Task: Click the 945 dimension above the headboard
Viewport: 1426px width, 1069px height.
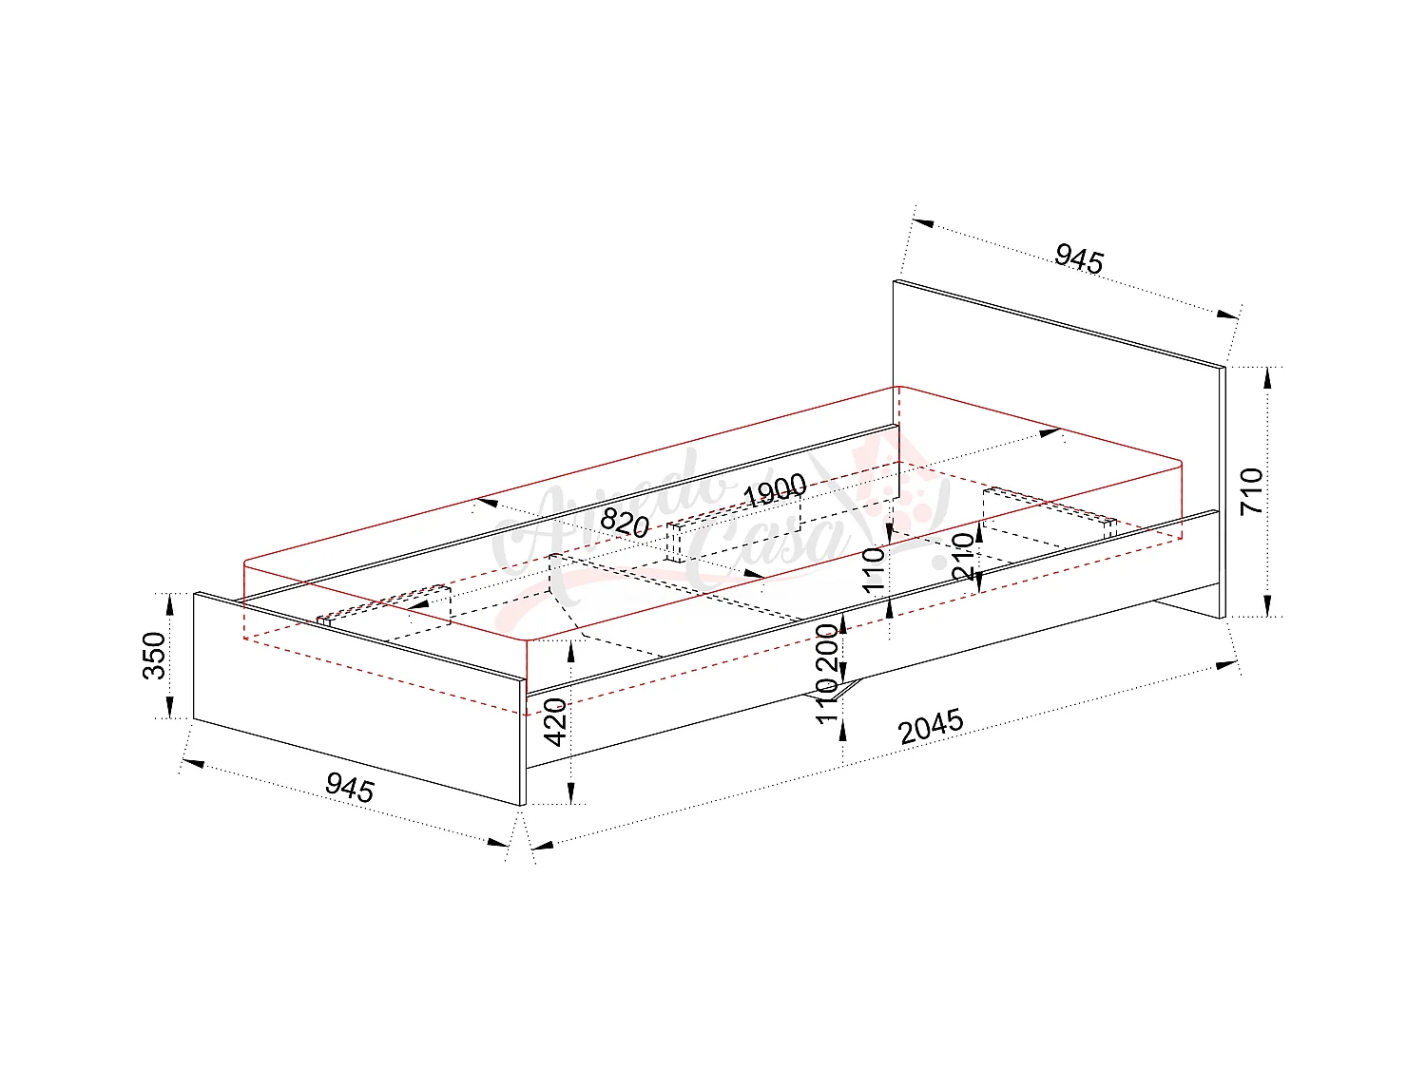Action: [1079, 258]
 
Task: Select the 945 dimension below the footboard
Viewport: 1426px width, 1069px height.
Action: [350, 787]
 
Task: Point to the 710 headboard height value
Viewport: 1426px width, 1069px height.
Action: [1253, 491]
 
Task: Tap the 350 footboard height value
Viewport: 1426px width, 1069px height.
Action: [154, 656]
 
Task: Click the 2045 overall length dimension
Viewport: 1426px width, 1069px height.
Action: [932, 727]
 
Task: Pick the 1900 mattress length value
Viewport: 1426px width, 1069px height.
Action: [775, 492]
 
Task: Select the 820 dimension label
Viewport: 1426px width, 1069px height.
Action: [625, 524]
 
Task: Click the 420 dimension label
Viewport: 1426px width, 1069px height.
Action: [556, 722]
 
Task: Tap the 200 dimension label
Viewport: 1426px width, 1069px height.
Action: [828, 648]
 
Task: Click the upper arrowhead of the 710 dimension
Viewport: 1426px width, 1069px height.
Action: [1267, 377]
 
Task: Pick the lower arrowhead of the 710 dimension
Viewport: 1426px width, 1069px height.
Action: [1267, 606]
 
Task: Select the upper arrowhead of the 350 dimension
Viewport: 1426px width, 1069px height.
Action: [170, 602]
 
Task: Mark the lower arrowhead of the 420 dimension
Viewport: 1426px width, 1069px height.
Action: [570, 795]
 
